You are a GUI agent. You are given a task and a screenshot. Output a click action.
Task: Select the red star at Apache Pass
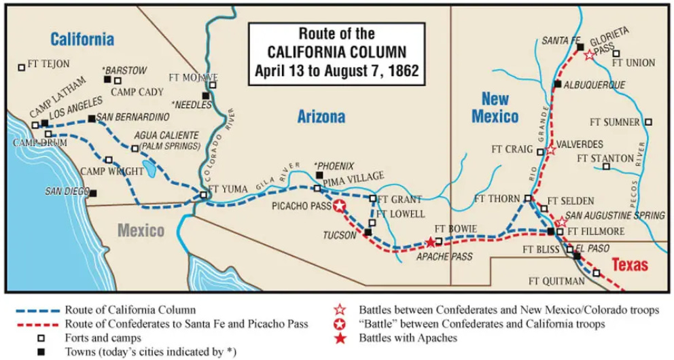click(x=430, y=242)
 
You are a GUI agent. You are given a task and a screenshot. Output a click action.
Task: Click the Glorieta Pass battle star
click(x=589, y=55)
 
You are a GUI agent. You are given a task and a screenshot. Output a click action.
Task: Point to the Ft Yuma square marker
click(x=203, y=196)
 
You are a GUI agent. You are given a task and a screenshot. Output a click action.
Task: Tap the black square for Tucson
click(x=368, y=232)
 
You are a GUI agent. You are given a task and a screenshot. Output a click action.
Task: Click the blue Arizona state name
click(x=321, y=118)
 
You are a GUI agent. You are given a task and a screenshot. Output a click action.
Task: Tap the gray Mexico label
click(x=141, y=230)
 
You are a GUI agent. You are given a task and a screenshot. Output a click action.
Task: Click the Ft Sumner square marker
click(x=648, y=122)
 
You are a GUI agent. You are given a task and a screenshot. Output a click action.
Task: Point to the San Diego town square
click(x=93, y=193)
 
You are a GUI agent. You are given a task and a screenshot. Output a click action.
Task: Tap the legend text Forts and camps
click(x=103, y=337)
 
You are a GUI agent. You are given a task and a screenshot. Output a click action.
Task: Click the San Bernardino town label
click(x=132, y=117)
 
